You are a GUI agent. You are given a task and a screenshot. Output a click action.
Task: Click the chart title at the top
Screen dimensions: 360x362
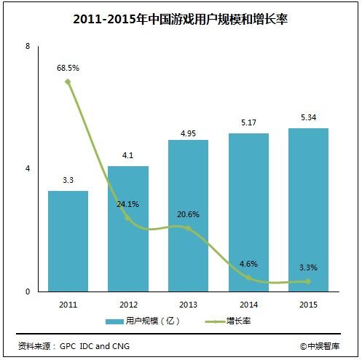[x=181, y=20]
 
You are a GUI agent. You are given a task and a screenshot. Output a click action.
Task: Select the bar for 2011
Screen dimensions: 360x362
[x=68, y=240]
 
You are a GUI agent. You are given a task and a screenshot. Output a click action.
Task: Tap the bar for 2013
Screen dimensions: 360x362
[x=188, y=215]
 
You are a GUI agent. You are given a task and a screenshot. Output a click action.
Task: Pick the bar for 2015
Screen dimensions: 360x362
[x=308, y=210]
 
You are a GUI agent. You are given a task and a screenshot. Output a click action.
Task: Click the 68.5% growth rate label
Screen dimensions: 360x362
[x=68, y=68]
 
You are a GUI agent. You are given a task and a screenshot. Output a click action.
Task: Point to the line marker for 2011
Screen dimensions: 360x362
[x=68, y=82]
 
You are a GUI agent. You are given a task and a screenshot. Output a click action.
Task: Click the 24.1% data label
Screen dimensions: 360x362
[x=128, y=204]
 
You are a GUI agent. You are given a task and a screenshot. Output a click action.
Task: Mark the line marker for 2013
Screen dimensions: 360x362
[x=188, y=228]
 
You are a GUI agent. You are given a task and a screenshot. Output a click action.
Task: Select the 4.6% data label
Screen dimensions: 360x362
[x=248, y=263]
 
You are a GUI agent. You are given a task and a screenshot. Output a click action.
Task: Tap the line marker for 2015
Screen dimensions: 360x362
[x=308, y=281]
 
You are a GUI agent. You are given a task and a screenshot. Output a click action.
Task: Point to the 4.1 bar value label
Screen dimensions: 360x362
[x=128, y=154]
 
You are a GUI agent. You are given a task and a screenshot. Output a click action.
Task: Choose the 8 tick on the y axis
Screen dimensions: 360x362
[x=28, y=46]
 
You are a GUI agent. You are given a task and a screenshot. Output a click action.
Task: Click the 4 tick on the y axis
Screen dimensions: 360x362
[x=28, y=169]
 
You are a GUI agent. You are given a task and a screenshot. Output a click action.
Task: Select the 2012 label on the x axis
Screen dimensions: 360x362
[x=128, y=304]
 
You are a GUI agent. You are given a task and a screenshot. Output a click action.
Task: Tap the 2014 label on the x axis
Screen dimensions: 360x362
[x=248, y=304]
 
